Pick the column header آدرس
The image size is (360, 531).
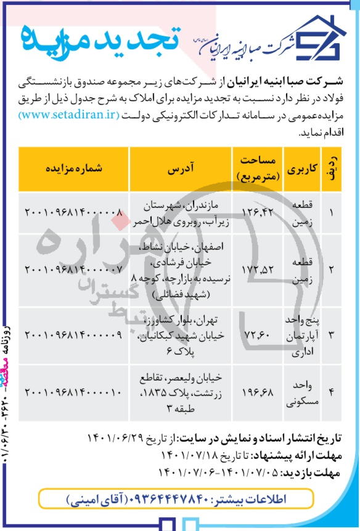pos(181,168)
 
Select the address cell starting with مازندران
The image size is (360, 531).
pos(181,213)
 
